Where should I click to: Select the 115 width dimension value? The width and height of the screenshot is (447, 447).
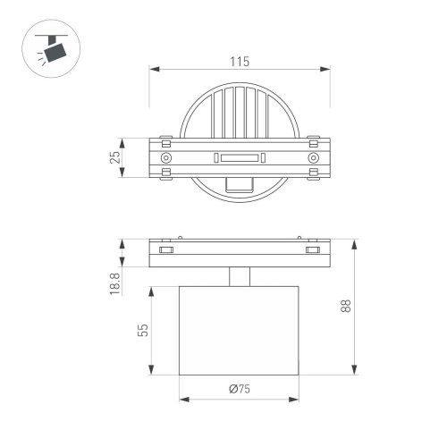point(238,62)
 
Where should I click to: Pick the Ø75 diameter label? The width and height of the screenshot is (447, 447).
point(238,388)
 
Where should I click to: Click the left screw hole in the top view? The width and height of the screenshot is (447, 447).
point(164,158)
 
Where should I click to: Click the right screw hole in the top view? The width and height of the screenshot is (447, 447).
point(312,158)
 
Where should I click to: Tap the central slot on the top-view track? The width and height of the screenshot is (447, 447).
point(238,158)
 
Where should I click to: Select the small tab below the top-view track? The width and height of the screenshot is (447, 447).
point(238,184)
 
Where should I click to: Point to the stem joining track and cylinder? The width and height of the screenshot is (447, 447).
point(238,277)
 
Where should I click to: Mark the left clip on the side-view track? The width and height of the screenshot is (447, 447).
point(164,250)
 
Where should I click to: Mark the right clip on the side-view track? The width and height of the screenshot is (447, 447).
point(312,250)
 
